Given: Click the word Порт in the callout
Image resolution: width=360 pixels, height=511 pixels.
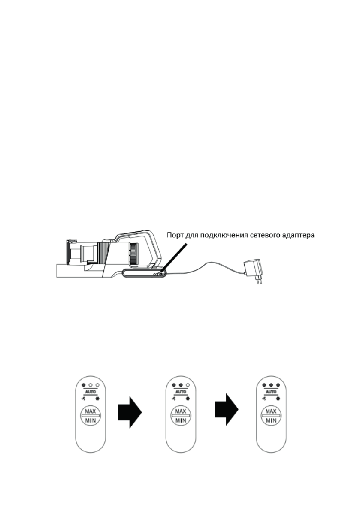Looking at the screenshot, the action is pos(175,236).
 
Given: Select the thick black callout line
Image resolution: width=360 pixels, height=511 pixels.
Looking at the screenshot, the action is pos(175,257).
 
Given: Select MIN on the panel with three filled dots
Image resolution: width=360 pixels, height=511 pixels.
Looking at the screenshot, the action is pos(271,421).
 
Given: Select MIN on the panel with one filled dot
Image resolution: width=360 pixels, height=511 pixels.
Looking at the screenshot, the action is pos(91,421).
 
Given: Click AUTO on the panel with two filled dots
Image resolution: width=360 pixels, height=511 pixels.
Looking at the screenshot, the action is pos(181,392).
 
